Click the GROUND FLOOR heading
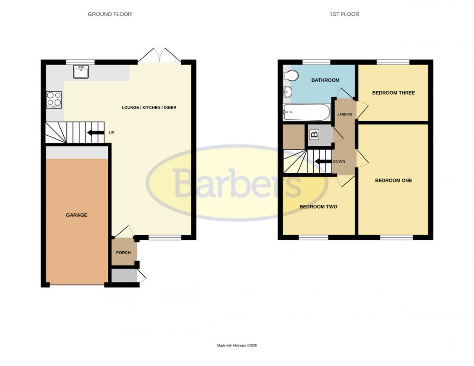click(x=110, y=14)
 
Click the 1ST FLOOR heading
click(x=344, y=14)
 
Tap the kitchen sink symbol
click(x=81, y=72)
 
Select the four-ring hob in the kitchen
click(x=54, y=99)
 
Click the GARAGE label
click(x=77, y=215)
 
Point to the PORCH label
click(x=124, y=253)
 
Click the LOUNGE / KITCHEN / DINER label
click(x=149, y=108)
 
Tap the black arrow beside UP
click(x=95, y=133)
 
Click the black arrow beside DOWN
click(x=322, y=162)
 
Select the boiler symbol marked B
click(x=315, y=135)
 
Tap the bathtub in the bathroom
click(x=307, y=111)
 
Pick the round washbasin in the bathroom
click(x=287, y=92)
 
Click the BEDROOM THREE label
click(x=393, y=93)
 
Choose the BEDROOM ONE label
click(x=393, y=181)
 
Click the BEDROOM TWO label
click(x=318, y=207)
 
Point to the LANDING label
click(x=344, y=115)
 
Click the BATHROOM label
click(x=325, y=80)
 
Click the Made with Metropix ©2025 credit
click(x=237, y=346)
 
